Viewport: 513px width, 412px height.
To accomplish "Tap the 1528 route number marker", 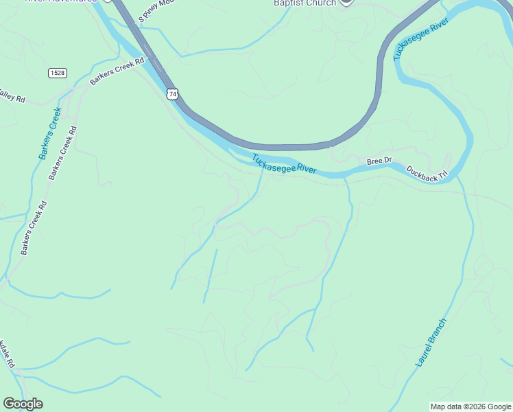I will (x=58, y=72).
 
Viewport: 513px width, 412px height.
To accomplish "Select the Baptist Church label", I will (x=305, y=3).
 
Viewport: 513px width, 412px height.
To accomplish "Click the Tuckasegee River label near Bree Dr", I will (x=284, y=164).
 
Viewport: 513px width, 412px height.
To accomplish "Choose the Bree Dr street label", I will (x=379, y=161).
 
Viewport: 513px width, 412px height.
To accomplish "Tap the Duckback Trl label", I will (x=427, y=172).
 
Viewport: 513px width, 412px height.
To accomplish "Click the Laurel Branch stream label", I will (x=431, y=342).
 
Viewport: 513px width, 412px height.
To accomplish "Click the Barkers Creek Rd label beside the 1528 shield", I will (x=117, y=71).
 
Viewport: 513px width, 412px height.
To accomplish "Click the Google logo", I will (x=23, y=404).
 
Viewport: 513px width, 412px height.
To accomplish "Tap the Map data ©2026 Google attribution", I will (x=470, y=407).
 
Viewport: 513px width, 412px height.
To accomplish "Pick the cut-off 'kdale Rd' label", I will (x=6, y=354).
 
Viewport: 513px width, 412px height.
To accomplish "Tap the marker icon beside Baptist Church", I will (x=346, y=2).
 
